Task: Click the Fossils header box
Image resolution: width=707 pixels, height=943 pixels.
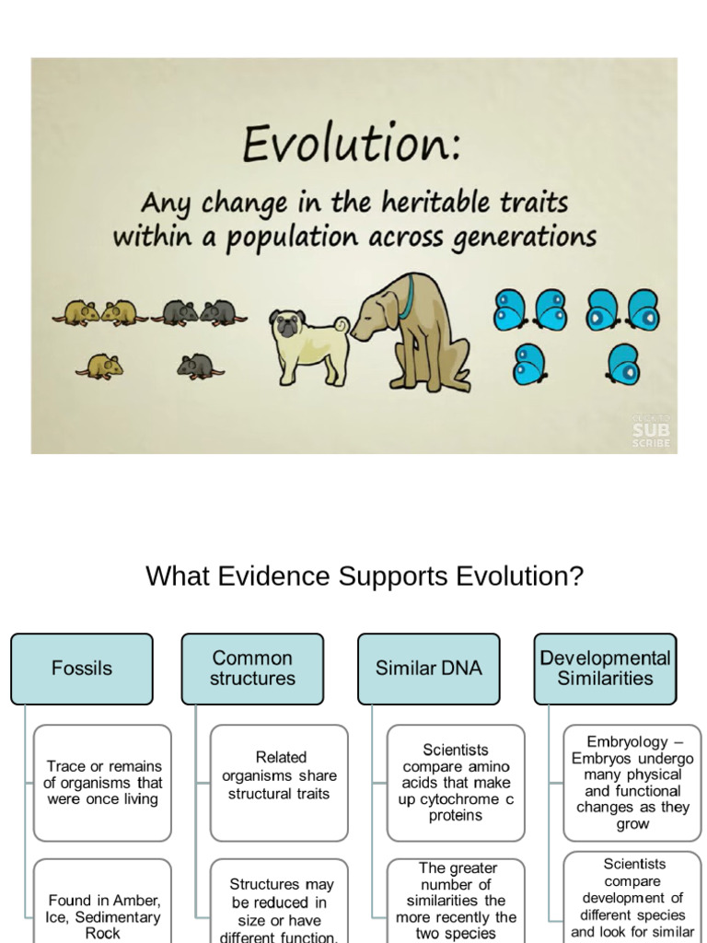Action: [82, 669]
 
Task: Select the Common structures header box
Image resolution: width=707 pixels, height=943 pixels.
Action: [252, 669]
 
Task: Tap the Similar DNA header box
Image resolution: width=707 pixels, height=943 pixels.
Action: [428, 669]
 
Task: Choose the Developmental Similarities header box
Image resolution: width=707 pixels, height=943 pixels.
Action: [605, 669]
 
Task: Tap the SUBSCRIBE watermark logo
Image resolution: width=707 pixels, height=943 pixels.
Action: [651, 431]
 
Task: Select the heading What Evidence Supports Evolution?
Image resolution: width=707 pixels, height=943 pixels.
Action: [365, 576]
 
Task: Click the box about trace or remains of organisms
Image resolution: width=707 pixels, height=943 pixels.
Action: [102, 783]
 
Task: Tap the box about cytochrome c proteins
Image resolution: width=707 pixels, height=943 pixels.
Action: [456, 783]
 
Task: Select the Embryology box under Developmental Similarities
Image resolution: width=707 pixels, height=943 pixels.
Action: [632, 783]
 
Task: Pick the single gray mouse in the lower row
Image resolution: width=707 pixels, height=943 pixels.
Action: [198, 367]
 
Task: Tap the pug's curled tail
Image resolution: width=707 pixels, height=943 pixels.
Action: [341, 325]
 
